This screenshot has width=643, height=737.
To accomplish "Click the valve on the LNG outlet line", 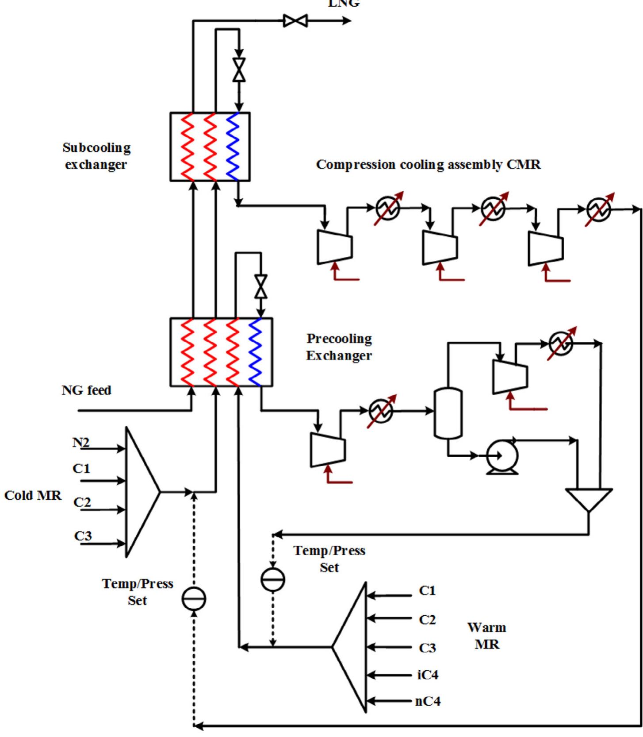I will pyautogui.click(x=295, y=21).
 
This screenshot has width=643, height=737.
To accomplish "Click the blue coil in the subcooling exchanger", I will pyautogui.click(x=233, y=147).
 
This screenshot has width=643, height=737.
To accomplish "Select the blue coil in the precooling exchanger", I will pyautogui.click(x=256, y=352).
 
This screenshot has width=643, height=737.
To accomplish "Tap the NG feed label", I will pyautogui.click(x=86, y=391).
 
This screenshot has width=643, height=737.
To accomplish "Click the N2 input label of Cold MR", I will pyautogui.click(x=81, y=442).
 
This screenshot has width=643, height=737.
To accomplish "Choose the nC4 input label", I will pyautogui.click(x=428, y=701).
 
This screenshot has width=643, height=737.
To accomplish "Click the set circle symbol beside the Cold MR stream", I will pyautogui.click(x=194, y=599).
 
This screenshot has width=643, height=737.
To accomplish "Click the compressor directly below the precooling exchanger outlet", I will pyautogui.click(x=328, y=450).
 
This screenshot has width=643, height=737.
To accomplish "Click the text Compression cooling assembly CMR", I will pyautogui.click(x=428, y=165).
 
